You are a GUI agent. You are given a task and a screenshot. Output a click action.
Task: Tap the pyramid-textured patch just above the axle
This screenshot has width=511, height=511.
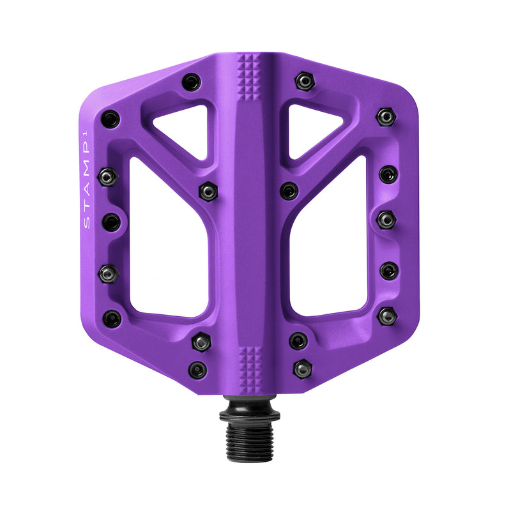coord(249,365)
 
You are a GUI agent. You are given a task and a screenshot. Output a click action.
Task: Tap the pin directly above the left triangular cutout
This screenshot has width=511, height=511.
coord(191,82)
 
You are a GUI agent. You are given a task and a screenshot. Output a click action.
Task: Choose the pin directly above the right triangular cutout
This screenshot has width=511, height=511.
coord(305,81)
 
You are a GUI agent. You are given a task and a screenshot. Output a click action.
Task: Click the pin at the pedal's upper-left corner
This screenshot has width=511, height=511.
coord(111,119)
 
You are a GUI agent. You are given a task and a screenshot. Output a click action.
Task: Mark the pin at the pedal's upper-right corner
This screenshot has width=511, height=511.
coord(386,117)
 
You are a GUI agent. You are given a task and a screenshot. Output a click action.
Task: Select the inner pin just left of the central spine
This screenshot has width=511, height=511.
coord(208,191)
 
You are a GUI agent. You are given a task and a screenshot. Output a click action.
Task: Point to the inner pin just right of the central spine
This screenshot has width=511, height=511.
coord(289,190)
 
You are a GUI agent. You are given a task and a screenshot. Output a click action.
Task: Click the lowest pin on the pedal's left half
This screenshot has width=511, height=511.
coord(198,370)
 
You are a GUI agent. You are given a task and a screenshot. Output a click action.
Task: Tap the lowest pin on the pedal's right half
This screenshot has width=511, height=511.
coord(302,369)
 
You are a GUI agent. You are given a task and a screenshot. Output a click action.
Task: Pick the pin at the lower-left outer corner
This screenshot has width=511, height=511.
coord(112,318)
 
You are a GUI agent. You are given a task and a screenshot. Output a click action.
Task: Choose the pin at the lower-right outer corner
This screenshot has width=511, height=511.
coord(387,316)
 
